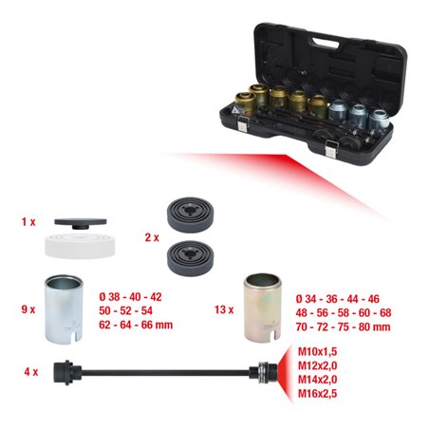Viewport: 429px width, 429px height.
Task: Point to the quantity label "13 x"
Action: tap(224, 308)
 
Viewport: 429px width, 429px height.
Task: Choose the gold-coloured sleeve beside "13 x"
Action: tap(264, 305)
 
